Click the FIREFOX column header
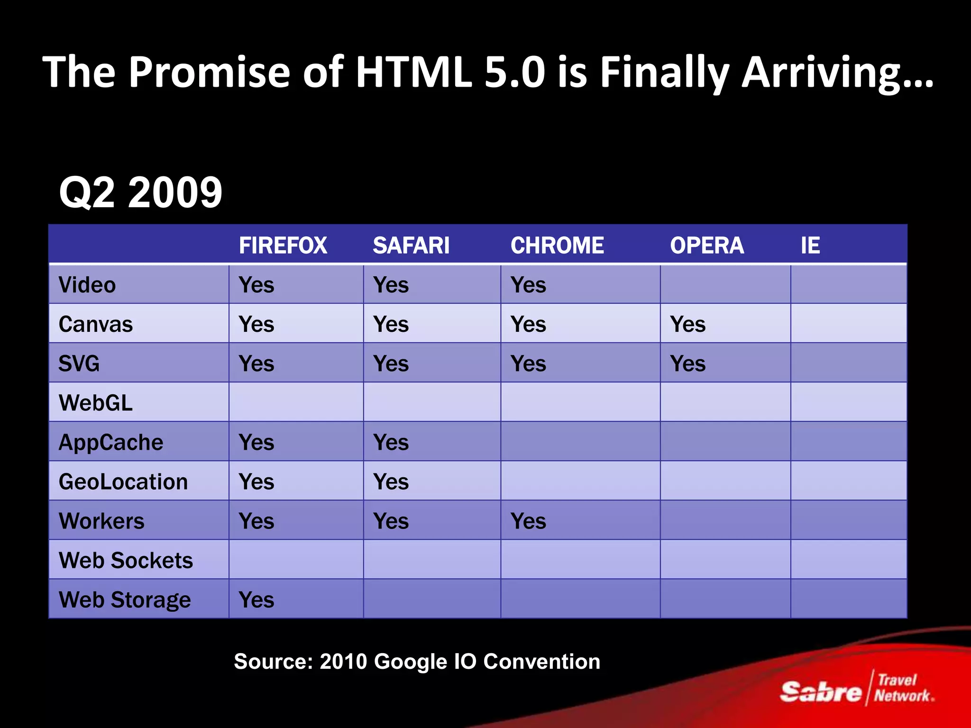[x=283, y=246]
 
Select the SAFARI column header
[x=411, y=246]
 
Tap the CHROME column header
[x=557, y=246]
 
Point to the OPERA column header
[x=706, y=246]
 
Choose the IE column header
[x=810, y=246]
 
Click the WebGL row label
[x=95, y=403]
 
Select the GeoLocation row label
[x=123, y=482]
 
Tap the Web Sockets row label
[x=126, y=560]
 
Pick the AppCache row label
[x=110, y=442]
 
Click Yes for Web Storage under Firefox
[x=256, y=600]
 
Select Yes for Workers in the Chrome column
[x=528, y=521]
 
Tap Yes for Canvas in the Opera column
[x=687, y=324]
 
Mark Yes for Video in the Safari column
[x=391, y=285]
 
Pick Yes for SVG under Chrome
[x=528, y=364]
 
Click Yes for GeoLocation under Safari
[x=391, y=482]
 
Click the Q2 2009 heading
[x=140, y=192]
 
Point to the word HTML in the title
[x=413, y=72]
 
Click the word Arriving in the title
[x=837, y=72]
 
